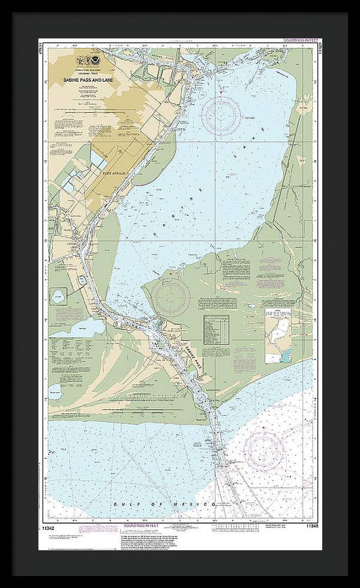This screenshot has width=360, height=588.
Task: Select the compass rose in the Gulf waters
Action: (265, 450)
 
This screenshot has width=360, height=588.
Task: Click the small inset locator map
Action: (278, 334)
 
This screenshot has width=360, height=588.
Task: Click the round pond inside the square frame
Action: (59, 296)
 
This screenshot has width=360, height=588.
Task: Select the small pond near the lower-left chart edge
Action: (55, 392)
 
